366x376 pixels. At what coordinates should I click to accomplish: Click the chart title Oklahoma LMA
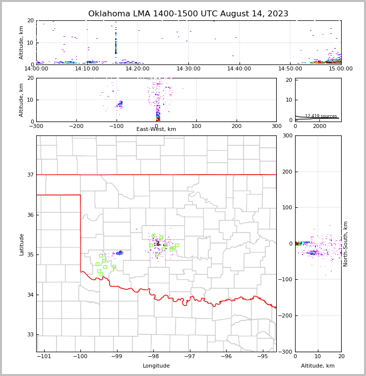point(188,14)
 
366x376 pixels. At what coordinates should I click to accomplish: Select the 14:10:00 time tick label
point(87,68)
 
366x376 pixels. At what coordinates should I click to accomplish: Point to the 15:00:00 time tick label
point(341,68)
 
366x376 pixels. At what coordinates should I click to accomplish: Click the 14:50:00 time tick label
point(290,68)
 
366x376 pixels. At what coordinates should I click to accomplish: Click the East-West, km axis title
point(156,129)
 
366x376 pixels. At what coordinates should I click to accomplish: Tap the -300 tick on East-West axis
point(36,126)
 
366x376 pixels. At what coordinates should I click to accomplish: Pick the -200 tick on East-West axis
point(76,126)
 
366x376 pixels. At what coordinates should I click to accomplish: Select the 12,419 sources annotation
point(321,116)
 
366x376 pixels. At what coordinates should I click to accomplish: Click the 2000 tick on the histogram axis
point(319,126)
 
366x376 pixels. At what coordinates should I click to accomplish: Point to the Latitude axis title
point(21,244)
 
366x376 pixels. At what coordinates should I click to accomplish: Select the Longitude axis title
point(156,366)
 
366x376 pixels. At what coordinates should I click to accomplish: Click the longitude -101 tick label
point(44,356)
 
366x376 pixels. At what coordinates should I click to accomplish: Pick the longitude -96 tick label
point(226,356)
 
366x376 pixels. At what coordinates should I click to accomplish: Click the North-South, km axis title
point(346,244)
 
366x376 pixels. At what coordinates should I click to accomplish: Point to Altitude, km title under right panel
point(318,366)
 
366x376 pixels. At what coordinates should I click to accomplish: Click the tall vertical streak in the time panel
point(116,42)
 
